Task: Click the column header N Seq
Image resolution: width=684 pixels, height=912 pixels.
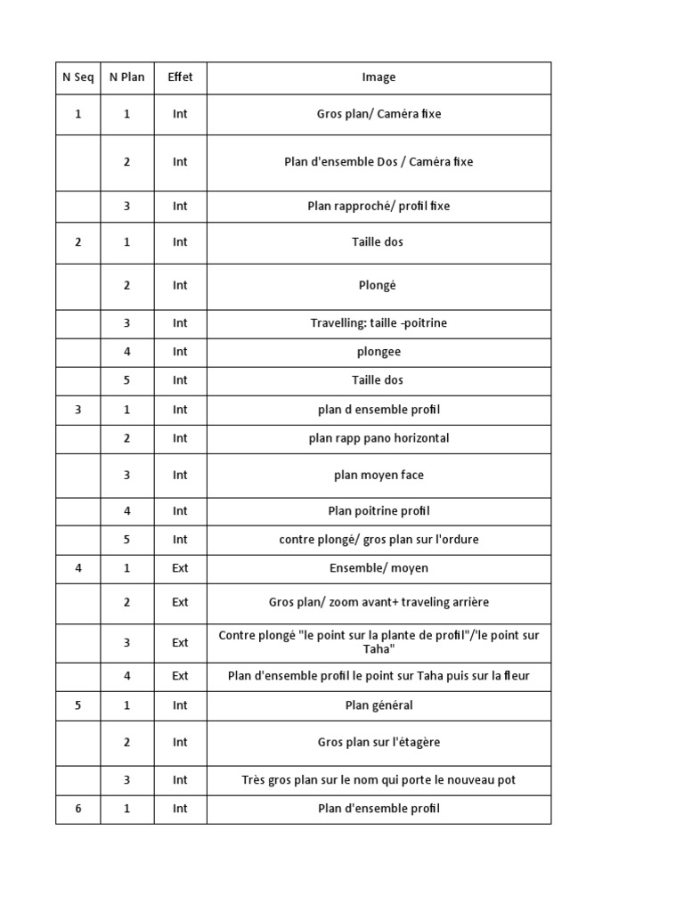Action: [77, 77]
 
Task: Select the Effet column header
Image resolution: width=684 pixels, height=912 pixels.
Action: [180, 77]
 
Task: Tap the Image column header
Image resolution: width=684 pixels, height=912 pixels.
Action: [379, 77]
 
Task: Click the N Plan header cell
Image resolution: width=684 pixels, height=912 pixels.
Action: [126, 77]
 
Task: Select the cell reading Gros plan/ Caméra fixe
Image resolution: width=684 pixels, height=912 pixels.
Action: [379, 114]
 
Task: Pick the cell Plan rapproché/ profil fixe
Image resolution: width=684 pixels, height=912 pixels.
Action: [379, 206]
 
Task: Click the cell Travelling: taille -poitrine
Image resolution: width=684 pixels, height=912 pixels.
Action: [379, 323]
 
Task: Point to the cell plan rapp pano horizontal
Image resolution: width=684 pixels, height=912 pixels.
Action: [379, 438]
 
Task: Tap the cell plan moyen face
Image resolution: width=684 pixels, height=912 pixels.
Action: [379, 476]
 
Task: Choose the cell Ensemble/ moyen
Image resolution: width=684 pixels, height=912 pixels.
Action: [379, 568]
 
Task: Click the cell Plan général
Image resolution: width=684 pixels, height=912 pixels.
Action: [379, 705]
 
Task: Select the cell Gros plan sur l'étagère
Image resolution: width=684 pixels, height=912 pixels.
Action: [379, 743]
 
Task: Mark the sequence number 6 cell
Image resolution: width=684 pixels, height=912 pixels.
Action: [77, 809]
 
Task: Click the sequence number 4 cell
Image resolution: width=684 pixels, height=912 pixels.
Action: [77, 568]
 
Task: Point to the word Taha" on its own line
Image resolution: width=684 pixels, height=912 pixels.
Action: [379, 649]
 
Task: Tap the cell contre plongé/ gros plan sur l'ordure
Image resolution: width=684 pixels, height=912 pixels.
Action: [379, 540]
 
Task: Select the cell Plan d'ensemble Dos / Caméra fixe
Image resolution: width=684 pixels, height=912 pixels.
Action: [379, 162]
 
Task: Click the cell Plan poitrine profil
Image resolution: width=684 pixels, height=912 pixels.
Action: [379, 511]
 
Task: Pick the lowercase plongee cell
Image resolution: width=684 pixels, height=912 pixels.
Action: [379, 352]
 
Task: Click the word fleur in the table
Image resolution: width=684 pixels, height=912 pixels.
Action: [515, 676]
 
